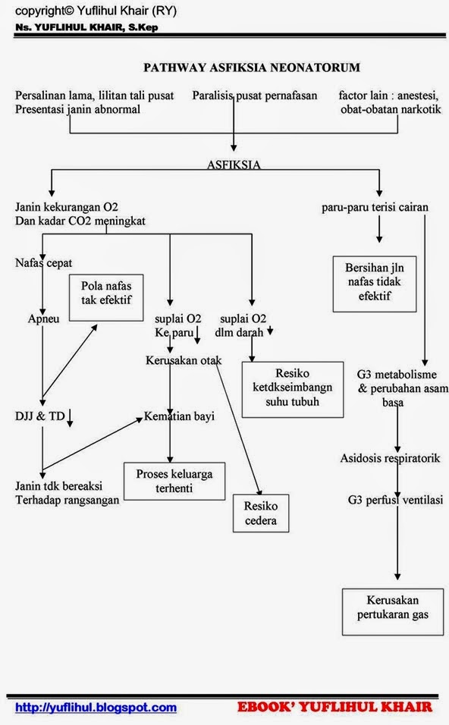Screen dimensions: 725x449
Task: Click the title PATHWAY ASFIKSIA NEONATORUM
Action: [x=252, y=67]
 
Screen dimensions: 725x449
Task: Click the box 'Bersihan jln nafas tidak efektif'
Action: [x=375, y=283]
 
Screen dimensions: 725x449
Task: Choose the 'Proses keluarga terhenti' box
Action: [x=174, y=481]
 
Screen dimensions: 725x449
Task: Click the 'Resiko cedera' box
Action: [x=260, y=513]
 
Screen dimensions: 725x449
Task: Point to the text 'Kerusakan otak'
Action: [x=183, y=360]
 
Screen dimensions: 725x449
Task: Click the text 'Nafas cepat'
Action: [x=43, y=263]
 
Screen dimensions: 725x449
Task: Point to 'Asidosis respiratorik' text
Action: [x=391, y=458]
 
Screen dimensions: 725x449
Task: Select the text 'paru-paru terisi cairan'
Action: [x=375, y=207]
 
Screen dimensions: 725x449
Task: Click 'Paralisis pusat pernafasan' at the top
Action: [x=254, y=96]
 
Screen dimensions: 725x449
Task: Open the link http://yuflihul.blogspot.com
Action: [x=96, y=707]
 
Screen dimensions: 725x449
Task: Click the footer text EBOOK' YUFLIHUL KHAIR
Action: [x=334, y=707]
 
